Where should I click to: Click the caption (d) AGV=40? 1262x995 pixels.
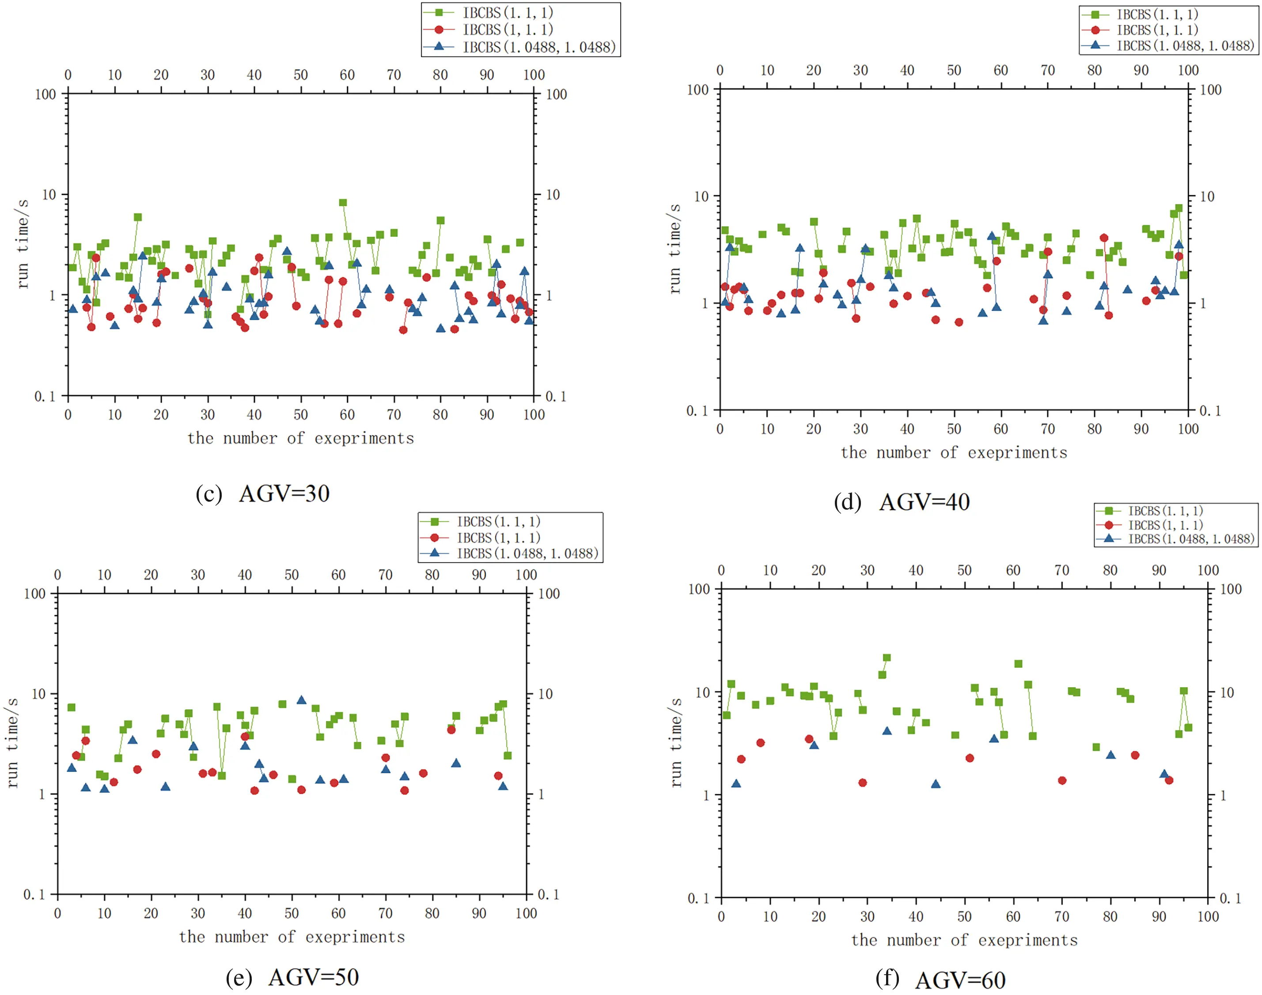902,502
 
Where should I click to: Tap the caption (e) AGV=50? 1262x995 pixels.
292,977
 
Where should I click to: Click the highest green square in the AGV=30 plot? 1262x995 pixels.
343,203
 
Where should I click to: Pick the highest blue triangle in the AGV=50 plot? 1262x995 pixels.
301,700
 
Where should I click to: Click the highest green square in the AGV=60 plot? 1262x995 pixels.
887,658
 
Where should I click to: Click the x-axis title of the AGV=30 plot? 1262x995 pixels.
301,438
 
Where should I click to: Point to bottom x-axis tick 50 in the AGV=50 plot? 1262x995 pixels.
292,913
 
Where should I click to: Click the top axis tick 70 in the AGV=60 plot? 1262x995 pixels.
1061,570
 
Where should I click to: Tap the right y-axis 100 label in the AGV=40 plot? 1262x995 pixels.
1211,90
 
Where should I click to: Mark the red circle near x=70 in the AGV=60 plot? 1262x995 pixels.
1061,781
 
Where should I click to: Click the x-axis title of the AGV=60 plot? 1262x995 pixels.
964,940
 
